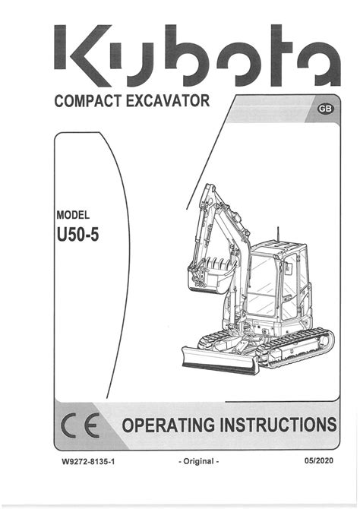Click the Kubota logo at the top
coord(197,55)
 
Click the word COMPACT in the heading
coord(88,101)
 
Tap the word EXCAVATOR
coord(168,100)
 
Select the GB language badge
coord(325,109)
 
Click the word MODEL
coord(73,215)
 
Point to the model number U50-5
coord(77,235)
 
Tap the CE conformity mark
coord(81,425)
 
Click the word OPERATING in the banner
coord(169,425)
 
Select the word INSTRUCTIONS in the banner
coord(278,425)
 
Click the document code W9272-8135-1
coord(88,461)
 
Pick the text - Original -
coord(199,461)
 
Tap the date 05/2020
coord(319,460)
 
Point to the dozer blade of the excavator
coord(220,360)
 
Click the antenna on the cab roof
coord(277,235)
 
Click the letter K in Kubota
coord(83,55)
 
